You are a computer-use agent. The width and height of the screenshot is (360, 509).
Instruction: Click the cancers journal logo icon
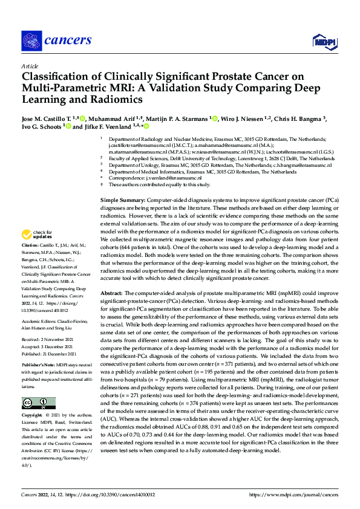point(31,41)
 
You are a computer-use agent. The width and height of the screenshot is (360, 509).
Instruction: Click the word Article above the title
point(30,66)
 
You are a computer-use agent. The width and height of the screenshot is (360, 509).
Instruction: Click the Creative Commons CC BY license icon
point(38,403)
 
